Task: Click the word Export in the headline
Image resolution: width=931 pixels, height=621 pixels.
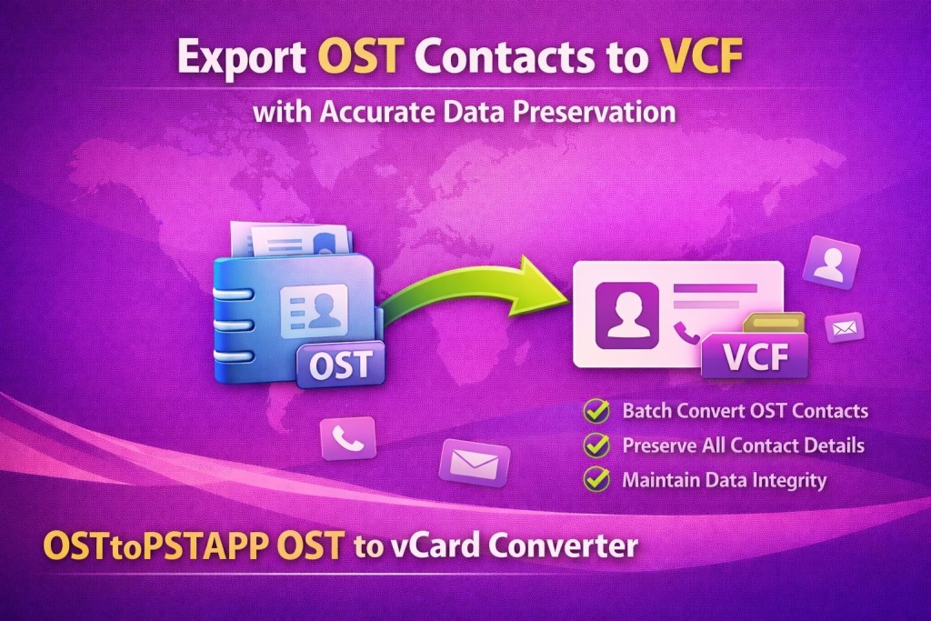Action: coord(242,57)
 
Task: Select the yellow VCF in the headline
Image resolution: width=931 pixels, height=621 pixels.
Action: coord(701,55)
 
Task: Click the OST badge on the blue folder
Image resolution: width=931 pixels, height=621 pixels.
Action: coord(341,365)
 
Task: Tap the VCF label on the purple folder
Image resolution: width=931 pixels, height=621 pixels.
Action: coord(755,356)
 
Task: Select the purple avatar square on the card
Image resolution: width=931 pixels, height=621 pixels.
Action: coord(627,316)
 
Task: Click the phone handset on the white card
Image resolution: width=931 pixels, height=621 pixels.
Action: coord(687,333)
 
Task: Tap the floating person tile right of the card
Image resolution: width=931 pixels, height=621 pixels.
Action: coord(831,263)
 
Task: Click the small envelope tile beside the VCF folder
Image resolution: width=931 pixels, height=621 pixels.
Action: coord(844,327)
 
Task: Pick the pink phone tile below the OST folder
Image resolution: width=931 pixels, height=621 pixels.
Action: coord(348,438)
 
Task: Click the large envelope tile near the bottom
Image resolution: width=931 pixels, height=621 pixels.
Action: coord(475,463)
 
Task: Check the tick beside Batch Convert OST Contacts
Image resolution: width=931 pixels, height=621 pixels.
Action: coord(596,410)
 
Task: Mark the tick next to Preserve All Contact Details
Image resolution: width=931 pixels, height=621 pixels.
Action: coord(596,445)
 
